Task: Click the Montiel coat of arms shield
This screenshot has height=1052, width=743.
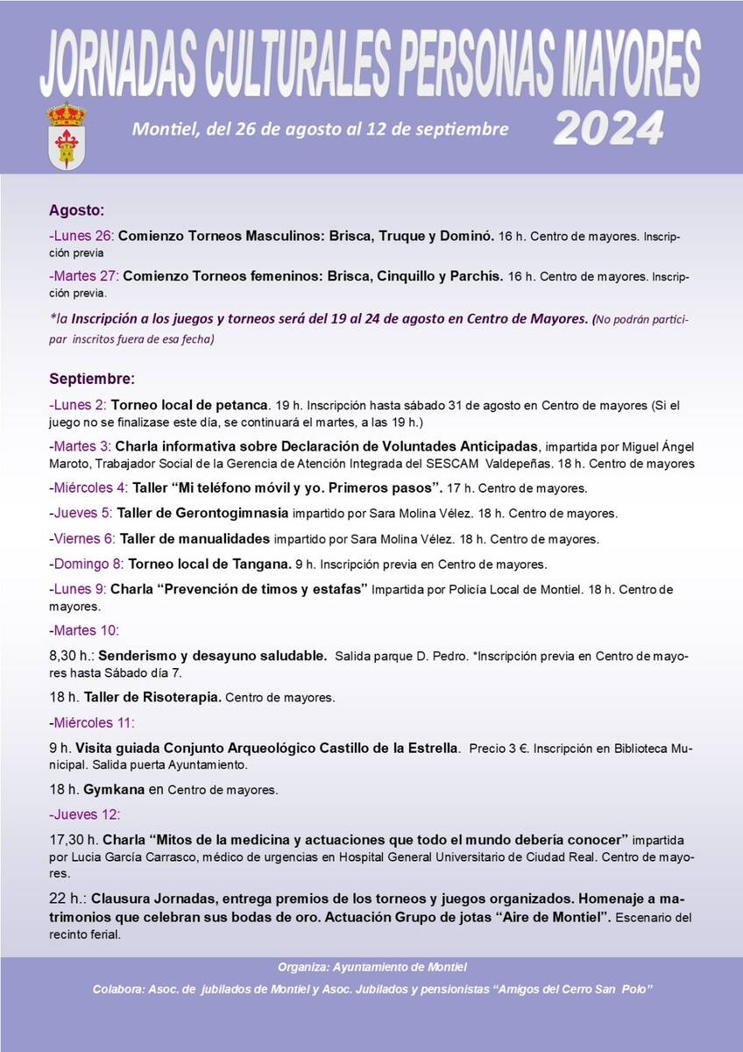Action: click(x=66, y=136)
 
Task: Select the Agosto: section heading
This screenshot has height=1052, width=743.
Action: click(x=76, y=210)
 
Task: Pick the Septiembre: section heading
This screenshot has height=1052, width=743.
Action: click(x=92, y=380)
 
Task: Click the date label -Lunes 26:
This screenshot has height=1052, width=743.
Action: click(x=81, y=237)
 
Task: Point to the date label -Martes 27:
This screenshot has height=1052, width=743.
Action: click(x=84, y=276)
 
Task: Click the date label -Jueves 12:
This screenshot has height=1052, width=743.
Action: click(x=85, y=814)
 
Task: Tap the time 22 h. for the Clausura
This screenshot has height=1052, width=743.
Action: click(x=67, y=899)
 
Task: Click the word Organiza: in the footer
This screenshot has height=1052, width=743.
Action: click(x=303, y=967)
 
